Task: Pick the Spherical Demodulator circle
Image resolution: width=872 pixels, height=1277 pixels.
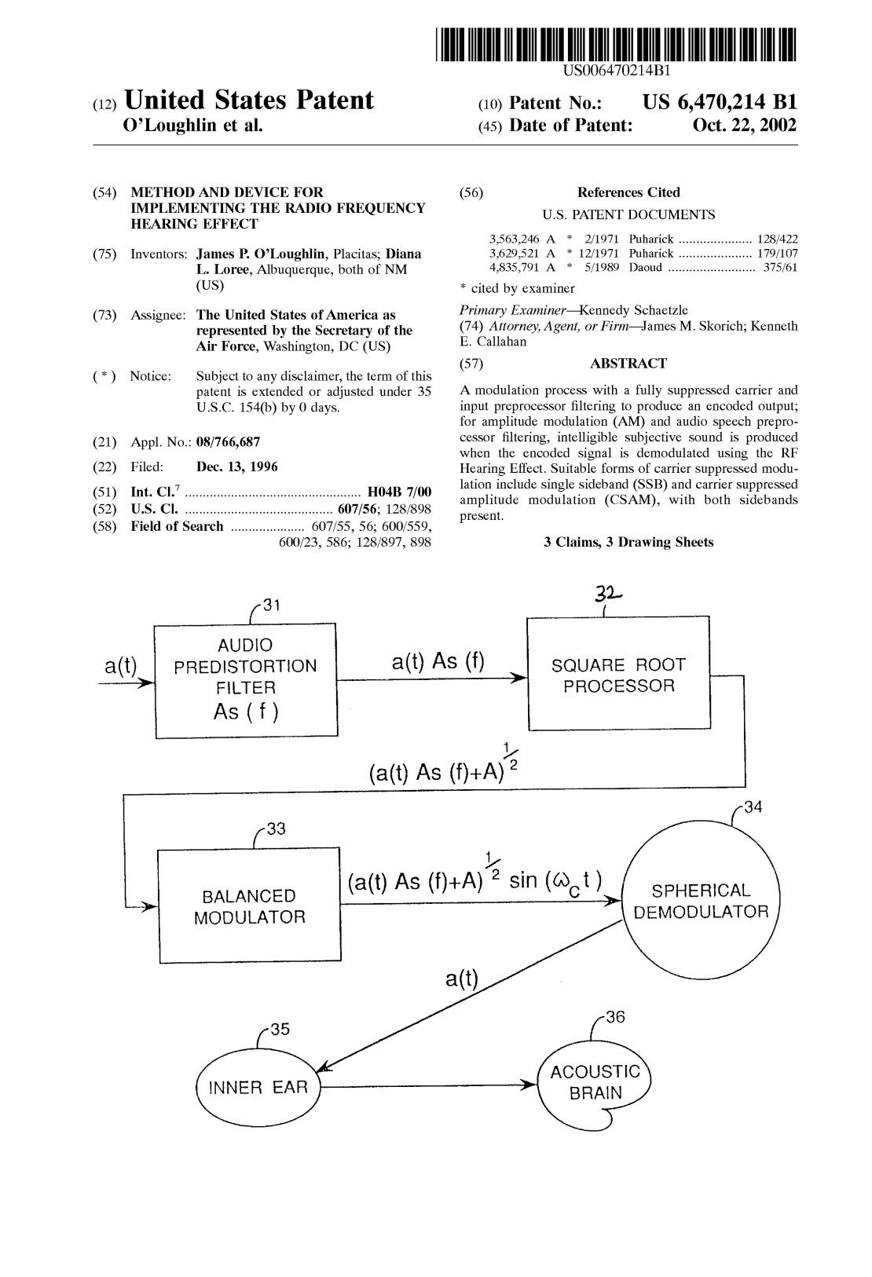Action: [700, 902]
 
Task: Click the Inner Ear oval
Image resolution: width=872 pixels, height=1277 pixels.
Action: [257, 1088]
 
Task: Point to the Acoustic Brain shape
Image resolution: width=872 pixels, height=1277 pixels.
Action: [595, 1082]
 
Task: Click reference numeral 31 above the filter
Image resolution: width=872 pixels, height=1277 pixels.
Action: [270, 605]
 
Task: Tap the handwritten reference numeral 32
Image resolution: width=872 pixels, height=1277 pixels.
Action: [609, 596]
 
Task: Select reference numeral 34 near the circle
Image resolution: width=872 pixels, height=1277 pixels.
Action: [753, 807]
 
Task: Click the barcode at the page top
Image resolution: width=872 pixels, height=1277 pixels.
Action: [616, 45]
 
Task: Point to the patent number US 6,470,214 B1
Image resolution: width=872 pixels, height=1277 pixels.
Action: [719, 102]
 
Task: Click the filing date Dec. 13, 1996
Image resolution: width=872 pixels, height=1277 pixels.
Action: [237, 467]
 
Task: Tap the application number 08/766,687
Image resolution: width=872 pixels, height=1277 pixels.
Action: [228, 442]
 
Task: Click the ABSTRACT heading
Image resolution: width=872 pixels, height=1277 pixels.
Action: [628, 364]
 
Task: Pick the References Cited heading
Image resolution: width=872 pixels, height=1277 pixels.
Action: [628, 192]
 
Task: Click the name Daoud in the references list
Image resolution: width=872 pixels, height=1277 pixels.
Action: [645, 268]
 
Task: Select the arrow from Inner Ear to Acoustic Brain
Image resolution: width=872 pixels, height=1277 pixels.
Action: [428, 1087]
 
